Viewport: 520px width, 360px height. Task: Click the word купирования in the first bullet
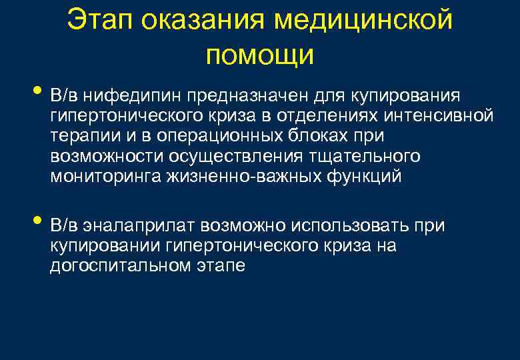click(x=408, y=95)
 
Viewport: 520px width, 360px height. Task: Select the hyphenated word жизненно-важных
click(x=239, y=177)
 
